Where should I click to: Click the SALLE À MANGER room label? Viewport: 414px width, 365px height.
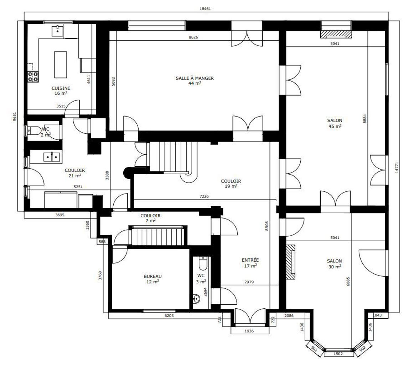(x=195, y=78)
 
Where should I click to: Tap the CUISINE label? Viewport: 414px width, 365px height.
(x=61, y=88)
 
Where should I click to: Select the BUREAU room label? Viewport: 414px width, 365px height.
(x=152, y=276)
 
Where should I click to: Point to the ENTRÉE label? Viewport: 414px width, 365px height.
(x=250, y=260)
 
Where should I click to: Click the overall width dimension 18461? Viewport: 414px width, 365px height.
(x=205, y=9)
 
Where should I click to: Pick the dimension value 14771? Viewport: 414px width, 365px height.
(x=397, y=168)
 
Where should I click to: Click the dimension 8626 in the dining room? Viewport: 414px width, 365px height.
(x=193, y=37)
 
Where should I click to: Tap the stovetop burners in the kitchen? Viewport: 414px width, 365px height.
(x=33, y=77)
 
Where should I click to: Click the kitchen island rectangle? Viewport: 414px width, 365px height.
(x=61, y=65)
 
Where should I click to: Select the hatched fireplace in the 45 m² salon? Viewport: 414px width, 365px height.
(x=336, y=34)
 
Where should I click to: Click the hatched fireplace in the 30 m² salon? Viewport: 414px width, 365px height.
(x=291, y=262)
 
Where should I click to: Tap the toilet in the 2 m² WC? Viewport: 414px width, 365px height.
(x=33, y=130)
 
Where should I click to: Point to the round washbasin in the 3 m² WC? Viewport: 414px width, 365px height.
(x=196, y=299)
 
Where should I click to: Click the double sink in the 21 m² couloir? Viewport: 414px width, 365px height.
(x=52, y=157)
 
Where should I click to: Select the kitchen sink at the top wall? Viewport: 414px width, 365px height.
(x=58, y=31)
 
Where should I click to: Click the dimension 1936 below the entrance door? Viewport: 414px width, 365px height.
(x=249, y=331)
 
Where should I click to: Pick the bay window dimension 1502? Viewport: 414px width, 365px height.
(x=338, y=354)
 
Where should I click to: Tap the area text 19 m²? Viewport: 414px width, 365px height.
(x=231, y=186)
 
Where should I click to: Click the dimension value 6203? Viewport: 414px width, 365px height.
(x=169, y=315)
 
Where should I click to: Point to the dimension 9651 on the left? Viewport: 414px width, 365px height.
(x=15, y=117)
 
